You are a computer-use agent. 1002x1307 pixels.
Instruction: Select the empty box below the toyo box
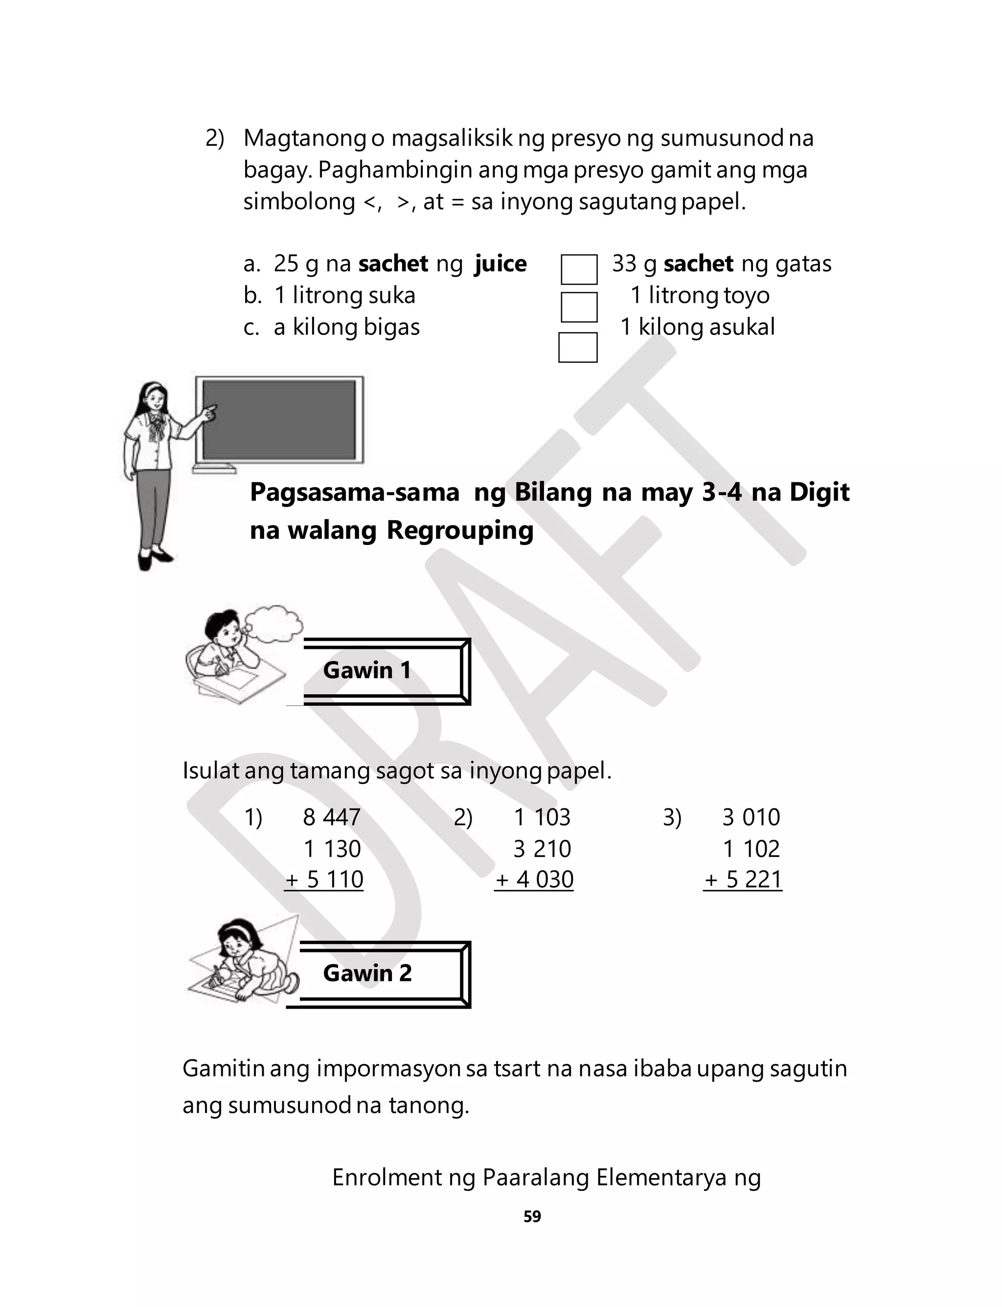pyautogui.click(x=577, y=347)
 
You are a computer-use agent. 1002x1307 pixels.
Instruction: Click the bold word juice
pyautogui.click(x=501, y=264)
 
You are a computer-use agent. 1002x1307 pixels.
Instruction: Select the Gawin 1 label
pyautogui.click(x=367, y=670)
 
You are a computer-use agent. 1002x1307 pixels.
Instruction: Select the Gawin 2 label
pyautogui.click(x=367, y=973)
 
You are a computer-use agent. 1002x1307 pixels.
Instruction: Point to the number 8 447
pyautogui.click(x=332, y=817)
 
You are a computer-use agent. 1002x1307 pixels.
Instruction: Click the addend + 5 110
pyautogui.click(x=324, y=879)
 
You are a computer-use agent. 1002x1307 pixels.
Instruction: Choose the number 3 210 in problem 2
pyautogui.click(x=542, y=848)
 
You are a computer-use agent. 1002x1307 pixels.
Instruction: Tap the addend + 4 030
pyautogui.click(x=534, y=879)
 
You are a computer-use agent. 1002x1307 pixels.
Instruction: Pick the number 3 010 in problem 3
pyautogui.click(x=751, y=817)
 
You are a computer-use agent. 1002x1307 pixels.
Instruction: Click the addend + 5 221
pyautogui.click(x=743, y=879)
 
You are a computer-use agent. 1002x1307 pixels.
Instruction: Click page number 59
pyautogui.click(x=532, y=1216)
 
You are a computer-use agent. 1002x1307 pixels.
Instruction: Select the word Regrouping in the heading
pyautogui.click(x=460, y=530)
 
